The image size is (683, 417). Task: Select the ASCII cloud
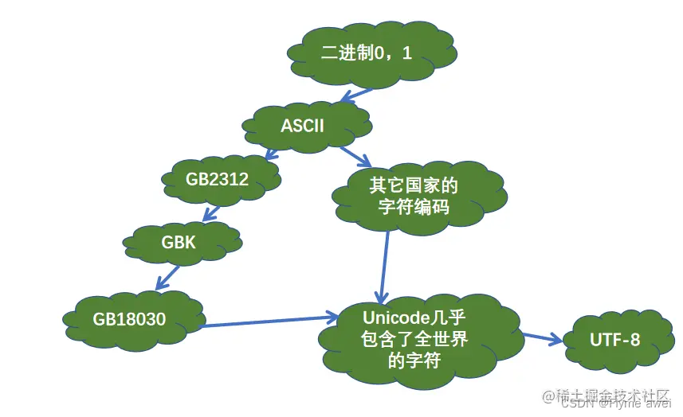click(307, 126)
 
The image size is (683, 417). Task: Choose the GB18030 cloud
click(131, 319)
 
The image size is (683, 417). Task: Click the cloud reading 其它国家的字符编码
click(414, 197)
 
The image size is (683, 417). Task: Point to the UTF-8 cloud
click(614, 340)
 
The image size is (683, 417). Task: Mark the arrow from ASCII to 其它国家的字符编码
click(355, 155)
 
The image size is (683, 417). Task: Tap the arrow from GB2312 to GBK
click(211, 212)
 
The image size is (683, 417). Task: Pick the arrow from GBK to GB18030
click(167, 276)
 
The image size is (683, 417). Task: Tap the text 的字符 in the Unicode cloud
click(414, 360)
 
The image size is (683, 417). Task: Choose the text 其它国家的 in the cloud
click(414, 186)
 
